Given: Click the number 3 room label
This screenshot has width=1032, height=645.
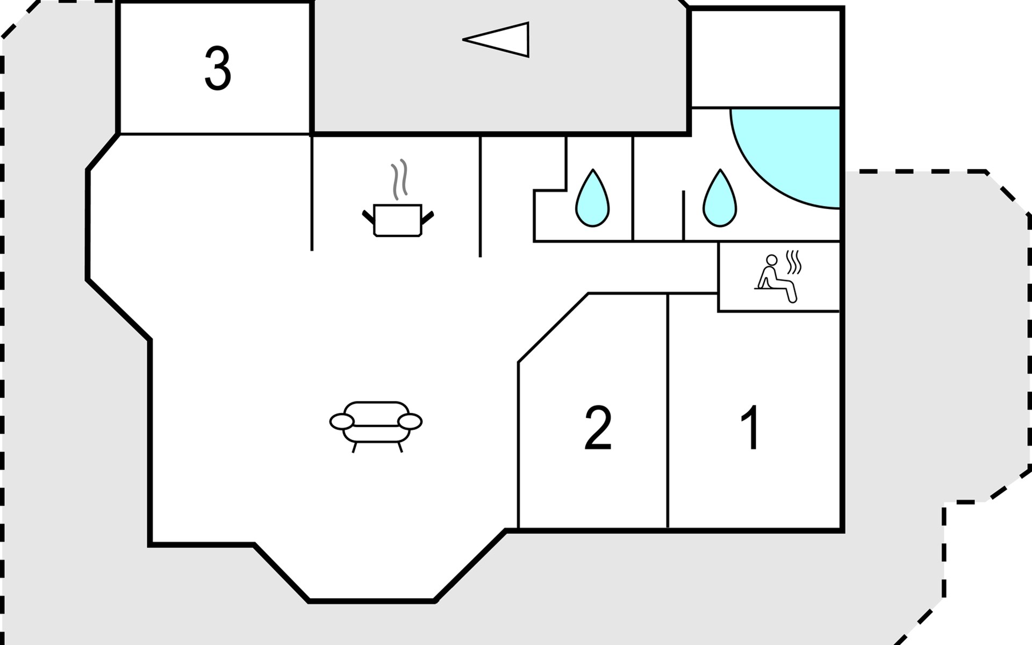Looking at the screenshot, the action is pyautogui.click(x=218, y=68).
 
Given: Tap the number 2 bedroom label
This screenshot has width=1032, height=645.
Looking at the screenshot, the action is pyautogui.click(x=598, y=428).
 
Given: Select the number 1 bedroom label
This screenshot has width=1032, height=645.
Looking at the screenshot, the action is pyautogui.click(x=751, y=428).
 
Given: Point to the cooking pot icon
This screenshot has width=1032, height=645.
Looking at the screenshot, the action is pyautogui.click(x=398, y=219).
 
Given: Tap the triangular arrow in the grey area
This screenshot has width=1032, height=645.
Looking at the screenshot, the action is pyautogui.click(x=496, y=39).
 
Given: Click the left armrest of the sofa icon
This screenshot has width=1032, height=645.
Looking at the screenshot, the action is pyautogui.click(x=342, y=422).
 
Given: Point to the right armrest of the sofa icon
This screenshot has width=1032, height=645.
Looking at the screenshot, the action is pyautogui.click(x=410, y=422).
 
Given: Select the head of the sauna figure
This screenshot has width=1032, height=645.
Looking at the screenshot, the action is pyautogui.click(x=772, y=260).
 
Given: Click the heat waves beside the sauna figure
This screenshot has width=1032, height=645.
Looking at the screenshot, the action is pyautogui.click(x=794, y=262).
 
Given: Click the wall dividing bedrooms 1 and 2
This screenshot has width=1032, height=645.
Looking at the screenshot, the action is pyautogui.click(x=668, y=411).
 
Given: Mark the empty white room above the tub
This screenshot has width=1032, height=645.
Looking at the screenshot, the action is pyautogui.click(x=765, y=58).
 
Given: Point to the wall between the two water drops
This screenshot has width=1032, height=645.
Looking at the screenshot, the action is pyautogui.click(x=633, y=188).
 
